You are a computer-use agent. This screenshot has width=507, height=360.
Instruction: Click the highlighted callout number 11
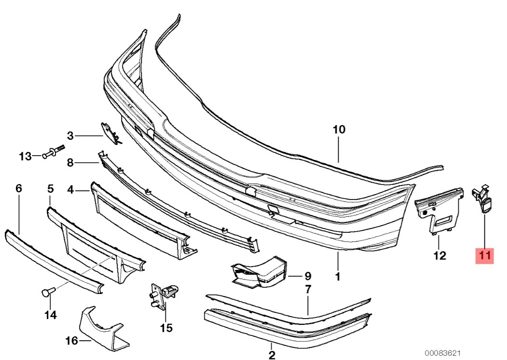(485, 255)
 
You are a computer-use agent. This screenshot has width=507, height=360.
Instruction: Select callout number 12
(439, 255)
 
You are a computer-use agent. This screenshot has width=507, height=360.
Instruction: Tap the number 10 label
(339, 130)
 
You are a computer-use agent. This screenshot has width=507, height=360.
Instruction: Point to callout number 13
(25, 157)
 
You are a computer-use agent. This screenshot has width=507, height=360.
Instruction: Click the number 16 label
(72, 340)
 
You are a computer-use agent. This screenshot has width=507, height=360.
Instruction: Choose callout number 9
(307, 276)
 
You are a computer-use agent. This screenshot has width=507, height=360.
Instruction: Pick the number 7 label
(308, 289)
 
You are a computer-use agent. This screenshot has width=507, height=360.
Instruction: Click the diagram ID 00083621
(443, 353)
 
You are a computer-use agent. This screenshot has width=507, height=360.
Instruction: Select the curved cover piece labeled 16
(100, 329)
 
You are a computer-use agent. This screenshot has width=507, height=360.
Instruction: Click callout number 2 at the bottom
(272, 355)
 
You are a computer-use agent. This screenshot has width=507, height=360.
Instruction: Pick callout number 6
(19, 188)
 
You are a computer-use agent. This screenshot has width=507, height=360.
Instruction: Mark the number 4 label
(70, 190)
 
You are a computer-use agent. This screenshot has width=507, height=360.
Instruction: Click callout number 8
(70, 162)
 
